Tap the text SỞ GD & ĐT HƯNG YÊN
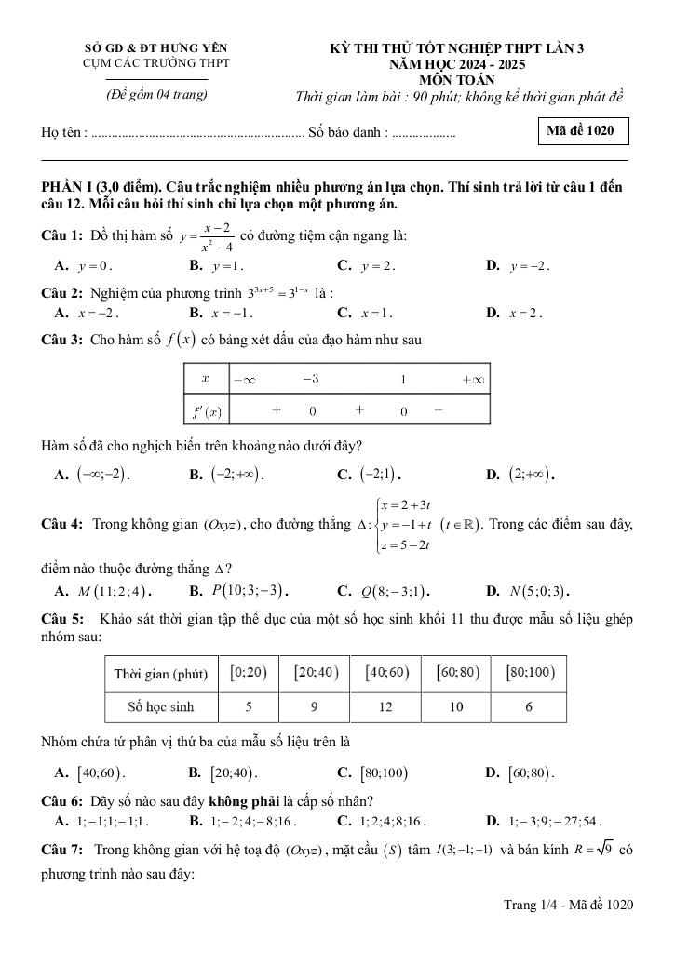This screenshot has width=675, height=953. tap(155, 47)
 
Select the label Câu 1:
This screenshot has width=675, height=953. tap(63, 236)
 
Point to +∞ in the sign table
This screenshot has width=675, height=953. tap(472, 380)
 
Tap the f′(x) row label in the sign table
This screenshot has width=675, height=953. tap(207, 410)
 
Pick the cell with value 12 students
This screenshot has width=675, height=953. tap(385, 707)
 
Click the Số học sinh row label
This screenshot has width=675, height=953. tap(161, 707)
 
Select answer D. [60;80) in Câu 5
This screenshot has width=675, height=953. tap(529, 772)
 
